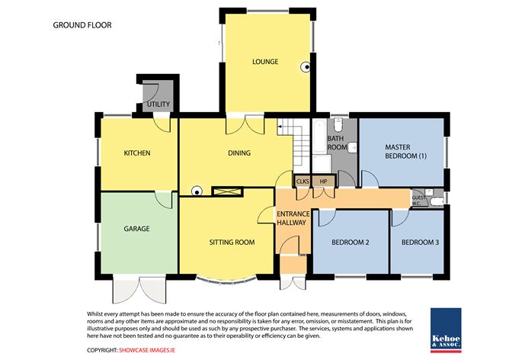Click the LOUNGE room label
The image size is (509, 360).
[x=265, y=62]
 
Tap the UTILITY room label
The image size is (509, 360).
[x=158, y=104]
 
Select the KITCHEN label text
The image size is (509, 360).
[x=137, y=153]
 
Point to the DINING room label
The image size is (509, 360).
[x=238, y=153]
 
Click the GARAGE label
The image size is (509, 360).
[x=136, y=228]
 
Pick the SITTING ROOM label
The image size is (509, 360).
[x=232, y=243]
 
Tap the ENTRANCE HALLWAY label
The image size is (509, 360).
[x=291, y=218]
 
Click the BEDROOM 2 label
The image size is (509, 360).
[x=351, y=243]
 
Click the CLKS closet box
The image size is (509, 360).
[x=303, y=182]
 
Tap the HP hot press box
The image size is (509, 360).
[x=324, y=182]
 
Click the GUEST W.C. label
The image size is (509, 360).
[x=419, y=200]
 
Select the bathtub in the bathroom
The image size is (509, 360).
[x=319, y=144]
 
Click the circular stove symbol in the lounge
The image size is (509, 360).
[x=306, y=66]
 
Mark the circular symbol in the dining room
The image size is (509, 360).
[x=196, y=191]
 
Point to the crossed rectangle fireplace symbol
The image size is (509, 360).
[x=227, y=191]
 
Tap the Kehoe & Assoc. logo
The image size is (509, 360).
[x=447, y=329]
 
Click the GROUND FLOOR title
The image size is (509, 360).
[x=82, y=25]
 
